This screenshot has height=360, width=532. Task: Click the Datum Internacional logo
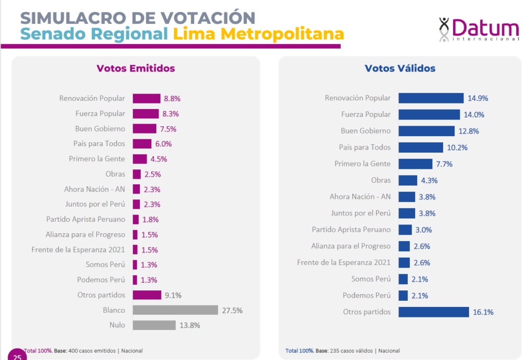478,29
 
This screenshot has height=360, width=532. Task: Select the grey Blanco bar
175,310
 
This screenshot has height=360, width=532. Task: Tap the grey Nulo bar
154,325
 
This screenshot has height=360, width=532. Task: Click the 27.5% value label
232,310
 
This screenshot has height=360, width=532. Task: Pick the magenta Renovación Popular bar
147,98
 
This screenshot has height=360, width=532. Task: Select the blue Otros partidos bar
433,312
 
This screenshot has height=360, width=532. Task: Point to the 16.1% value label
483,312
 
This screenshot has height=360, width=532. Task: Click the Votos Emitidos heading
136,69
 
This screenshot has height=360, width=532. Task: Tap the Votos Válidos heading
400,69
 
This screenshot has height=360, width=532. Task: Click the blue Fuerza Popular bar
429,114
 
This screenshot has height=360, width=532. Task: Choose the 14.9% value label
478,98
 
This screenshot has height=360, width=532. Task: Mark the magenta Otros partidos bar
147,295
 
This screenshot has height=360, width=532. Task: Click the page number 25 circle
16,355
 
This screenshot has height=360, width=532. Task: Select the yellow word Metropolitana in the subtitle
258,34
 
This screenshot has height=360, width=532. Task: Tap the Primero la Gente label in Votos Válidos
362,164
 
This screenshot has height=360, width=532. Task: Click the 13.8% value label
190,325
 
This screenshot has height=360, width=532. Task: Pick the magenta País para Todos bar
142,144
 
